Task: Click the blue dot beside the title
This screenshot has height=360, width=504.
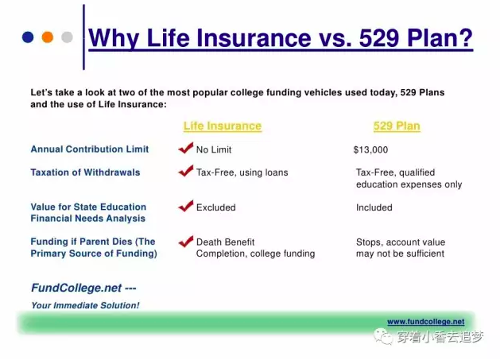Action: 28,37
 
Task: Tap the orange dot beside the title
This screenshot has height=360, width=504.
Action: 47,37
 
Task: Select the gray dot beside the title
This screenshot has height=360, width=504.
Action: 67,37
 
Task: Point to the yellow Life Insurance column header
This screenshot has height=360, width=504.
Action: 223,126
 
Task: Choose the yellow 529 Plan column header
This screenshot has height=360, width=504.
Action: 397,126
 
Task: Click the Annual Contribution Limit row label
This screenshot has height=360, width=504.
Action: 90,149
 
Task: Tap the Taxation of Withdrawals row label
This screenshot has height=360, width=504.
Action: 85,172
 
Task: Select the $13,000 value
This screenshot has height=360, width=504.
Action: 370,149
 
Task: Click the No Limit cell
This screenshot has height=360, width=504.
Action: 214,149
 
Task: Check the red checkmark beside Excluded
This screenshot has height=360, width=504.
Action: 186,206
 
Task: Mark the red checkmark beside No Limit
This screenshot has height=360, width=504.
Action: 186,148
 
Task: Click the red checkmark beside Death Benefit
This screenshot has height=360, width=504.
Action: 186,242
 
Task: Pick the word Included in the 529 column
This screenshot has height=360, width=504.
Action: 374,207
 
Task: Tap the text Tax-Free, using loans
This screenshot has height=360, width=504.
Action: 242,172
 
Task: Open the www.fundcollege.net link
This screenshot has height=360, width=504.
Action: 426,322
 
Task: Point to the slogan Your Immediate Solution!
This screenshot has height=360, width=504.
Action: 85,305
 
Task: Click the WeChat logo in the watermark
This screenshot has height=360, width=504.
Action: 382,336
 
